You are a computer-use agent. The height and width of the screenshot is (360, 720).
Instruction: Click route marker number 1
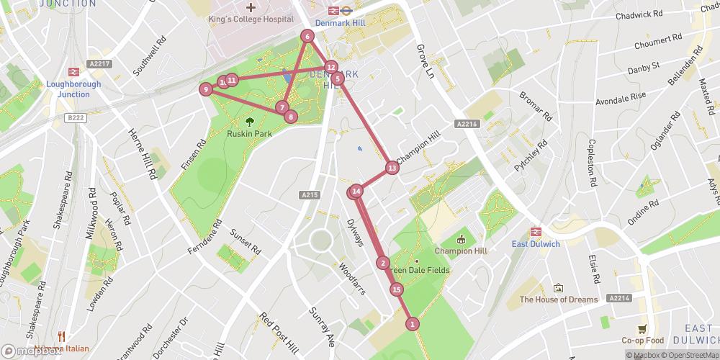412,324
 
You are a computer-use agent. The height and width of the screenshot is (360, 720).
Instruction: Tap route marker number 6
307,36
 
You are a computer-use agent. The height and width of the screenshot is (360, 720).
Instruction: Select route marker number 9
206,89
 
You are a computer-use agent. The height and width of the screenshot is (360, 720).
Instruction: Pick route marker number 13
392,168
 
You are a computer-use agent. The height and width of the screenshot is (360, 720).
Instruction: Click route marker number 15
397,289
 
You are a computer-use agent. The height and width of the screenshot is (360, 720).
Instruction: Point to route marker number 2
383,263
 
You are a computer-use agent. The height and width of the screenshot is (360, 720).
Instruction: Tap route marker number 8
290,116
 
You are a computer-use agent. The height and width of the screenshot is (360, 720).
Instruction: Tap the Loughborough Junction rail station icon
73,71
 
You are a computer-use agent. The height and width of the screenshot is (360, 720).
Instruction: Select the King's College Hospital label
251,19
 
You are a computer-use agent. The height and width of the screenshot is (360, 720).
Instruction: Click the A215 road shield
310,194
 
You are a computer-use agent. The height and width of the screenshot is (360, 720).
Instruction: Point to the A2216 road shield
467,125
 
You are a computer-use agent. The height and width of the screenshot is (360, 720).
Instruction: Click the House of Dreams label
559,300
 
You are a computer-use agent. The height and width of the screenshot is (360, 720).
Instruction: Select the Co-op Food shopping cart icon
642,328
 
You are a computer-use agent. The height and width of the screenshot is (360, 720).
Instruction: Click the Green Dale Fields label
420,270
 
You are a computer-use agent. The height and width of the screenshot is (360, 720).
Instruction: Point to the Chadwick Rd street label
639,14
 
